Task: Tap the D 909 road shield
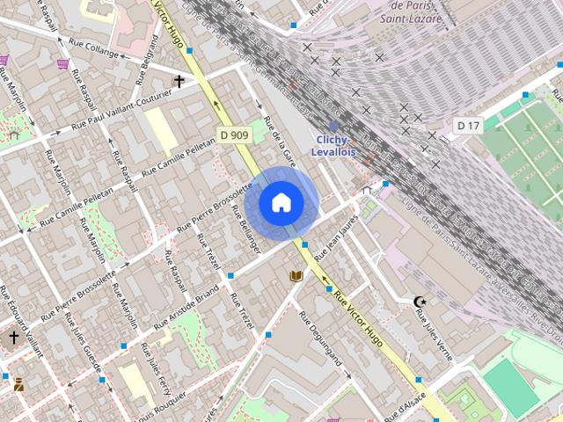pyautogui.click(x=233, y=135)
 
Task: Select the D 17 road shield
pyautogui.click(x=468, y=126)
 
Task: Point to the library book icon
pyautogui.click(x=296, y=276)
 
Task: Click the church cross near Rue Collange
pyautogui.click(x=179, y=82)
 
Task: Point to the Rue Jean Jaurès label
pyautogui.click(x=335, y=238)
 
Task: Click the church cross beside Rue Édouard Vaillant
pyautogui.click(x=13, y=337)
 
